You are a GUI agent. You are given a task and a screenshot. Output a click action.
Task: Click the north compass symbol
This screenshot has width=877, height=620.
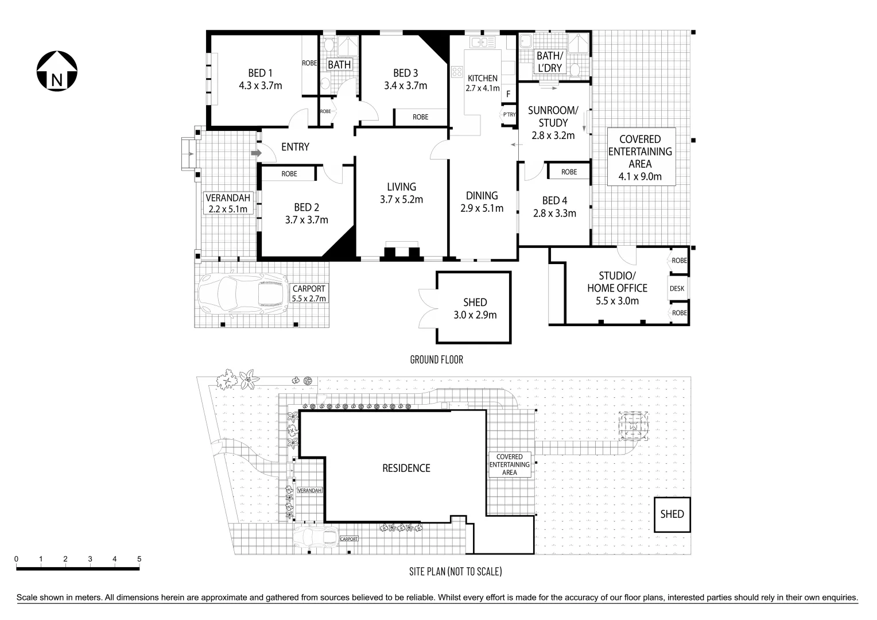coord(56,71)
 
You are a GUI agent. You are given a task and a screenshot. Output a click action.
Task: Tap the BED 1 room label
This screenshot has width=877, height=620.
coord(260,73)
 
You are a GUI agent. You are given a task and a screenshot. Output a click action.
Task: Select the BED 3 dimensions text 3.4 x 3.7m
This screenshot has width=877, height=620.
coord(405,86)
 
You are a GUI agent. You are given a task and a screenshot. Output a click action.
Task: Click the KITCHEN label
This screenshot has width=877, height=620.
coord(482,78)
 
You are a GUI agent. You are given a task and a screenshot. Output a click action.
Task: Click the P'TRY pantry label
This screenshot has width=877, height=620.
coord(509,115)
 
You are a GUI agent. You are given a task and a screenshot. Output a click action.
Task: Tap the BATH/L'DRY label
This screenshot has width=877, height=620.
coord(548,62)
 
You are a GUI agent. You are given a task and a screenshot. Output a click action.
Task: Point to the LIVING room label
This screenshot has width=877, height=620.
coord(401,187)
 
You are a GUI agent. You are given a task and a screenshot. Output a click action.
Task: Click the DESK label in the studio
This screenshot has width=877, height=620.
coord(677,289)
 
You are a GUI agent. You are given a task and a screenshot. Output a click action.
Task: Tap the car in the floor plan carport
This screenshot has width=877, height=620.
coord(243,294)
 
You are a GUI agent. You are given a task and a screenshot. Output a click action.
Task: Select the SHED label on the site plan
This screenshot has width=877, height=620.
coord(672,514)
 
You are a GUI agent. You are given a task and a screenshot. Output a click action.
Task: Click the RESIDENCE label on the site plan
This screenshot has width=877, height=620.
coord(406,468)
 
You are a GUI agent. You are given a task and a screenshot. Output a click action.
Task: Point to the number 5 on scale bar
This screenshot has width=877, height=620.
coord(139,559)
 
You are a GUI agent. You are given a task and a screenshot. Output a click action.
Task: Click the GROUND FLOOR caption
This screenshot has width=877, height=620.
coord(436,360)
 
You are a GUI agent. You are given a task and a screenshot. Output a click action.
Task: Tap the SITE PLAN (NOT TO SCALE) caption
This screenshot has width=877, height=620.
coord(455,571)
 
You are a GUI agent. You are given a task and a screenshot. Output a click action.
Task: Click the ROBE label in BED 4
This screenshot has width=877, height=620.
coord(569,172)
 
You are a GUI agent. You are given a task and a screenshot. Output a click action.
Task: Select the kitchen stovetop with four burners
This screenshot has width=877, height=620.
coord(457,72)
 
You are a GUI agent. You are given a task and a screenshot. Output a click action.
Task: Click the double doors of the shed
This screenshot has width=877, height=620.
coord(428,307)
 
